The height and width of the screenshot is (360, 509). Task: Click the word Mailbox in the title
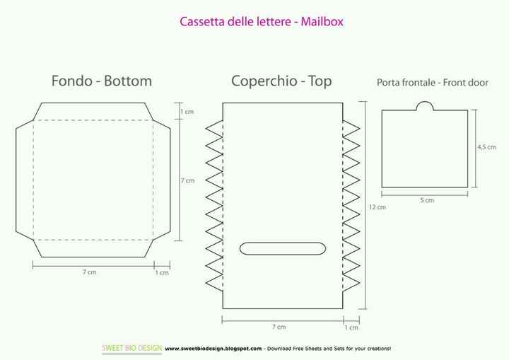tap(322, 22)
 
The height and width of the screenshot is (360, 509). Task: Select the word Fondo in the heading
tap(71, 81)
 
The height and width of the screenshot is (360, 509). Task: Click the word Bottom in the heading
tap(128, 81)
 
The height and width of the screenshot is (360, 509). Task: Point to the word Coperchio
tap(264, 81)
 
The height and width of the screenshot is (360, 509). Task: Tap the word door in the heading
tap(477, 83)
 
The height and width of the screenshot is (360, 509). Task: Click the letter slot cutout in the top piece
tap(282, 248)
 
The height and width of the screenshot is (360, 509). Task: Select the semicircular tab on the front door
tap(425, 106)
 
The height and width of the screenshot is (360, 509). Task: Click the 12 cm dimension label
tap(378, 207)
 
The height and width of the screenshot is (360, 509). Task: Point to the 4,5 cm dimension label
tap(486, 147)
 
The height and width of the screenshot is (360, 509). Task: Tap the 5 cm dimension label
tap(427, 200)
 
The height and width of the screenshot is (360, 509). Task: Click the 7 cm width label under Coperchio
tap(279, 327)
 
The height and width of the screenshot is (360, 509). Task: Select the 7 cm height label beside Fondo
tap(187, 180)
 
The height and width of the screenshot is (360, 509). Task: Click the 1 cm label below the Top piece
tap(351, 327)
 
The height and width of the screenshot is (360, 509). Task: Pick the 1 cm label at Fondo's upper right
tap(187, 112)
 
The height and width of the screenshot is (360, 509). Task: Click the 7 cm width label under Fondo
tap(89, 272)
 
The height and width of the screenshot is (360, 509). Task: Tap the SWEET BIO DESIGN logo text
tap(131, 348)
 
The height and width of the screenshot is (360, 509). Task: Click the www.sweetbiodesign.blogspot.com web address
tap(213, 349)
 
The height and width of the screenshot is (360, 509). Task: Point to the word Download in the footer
tap(279, 349)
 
